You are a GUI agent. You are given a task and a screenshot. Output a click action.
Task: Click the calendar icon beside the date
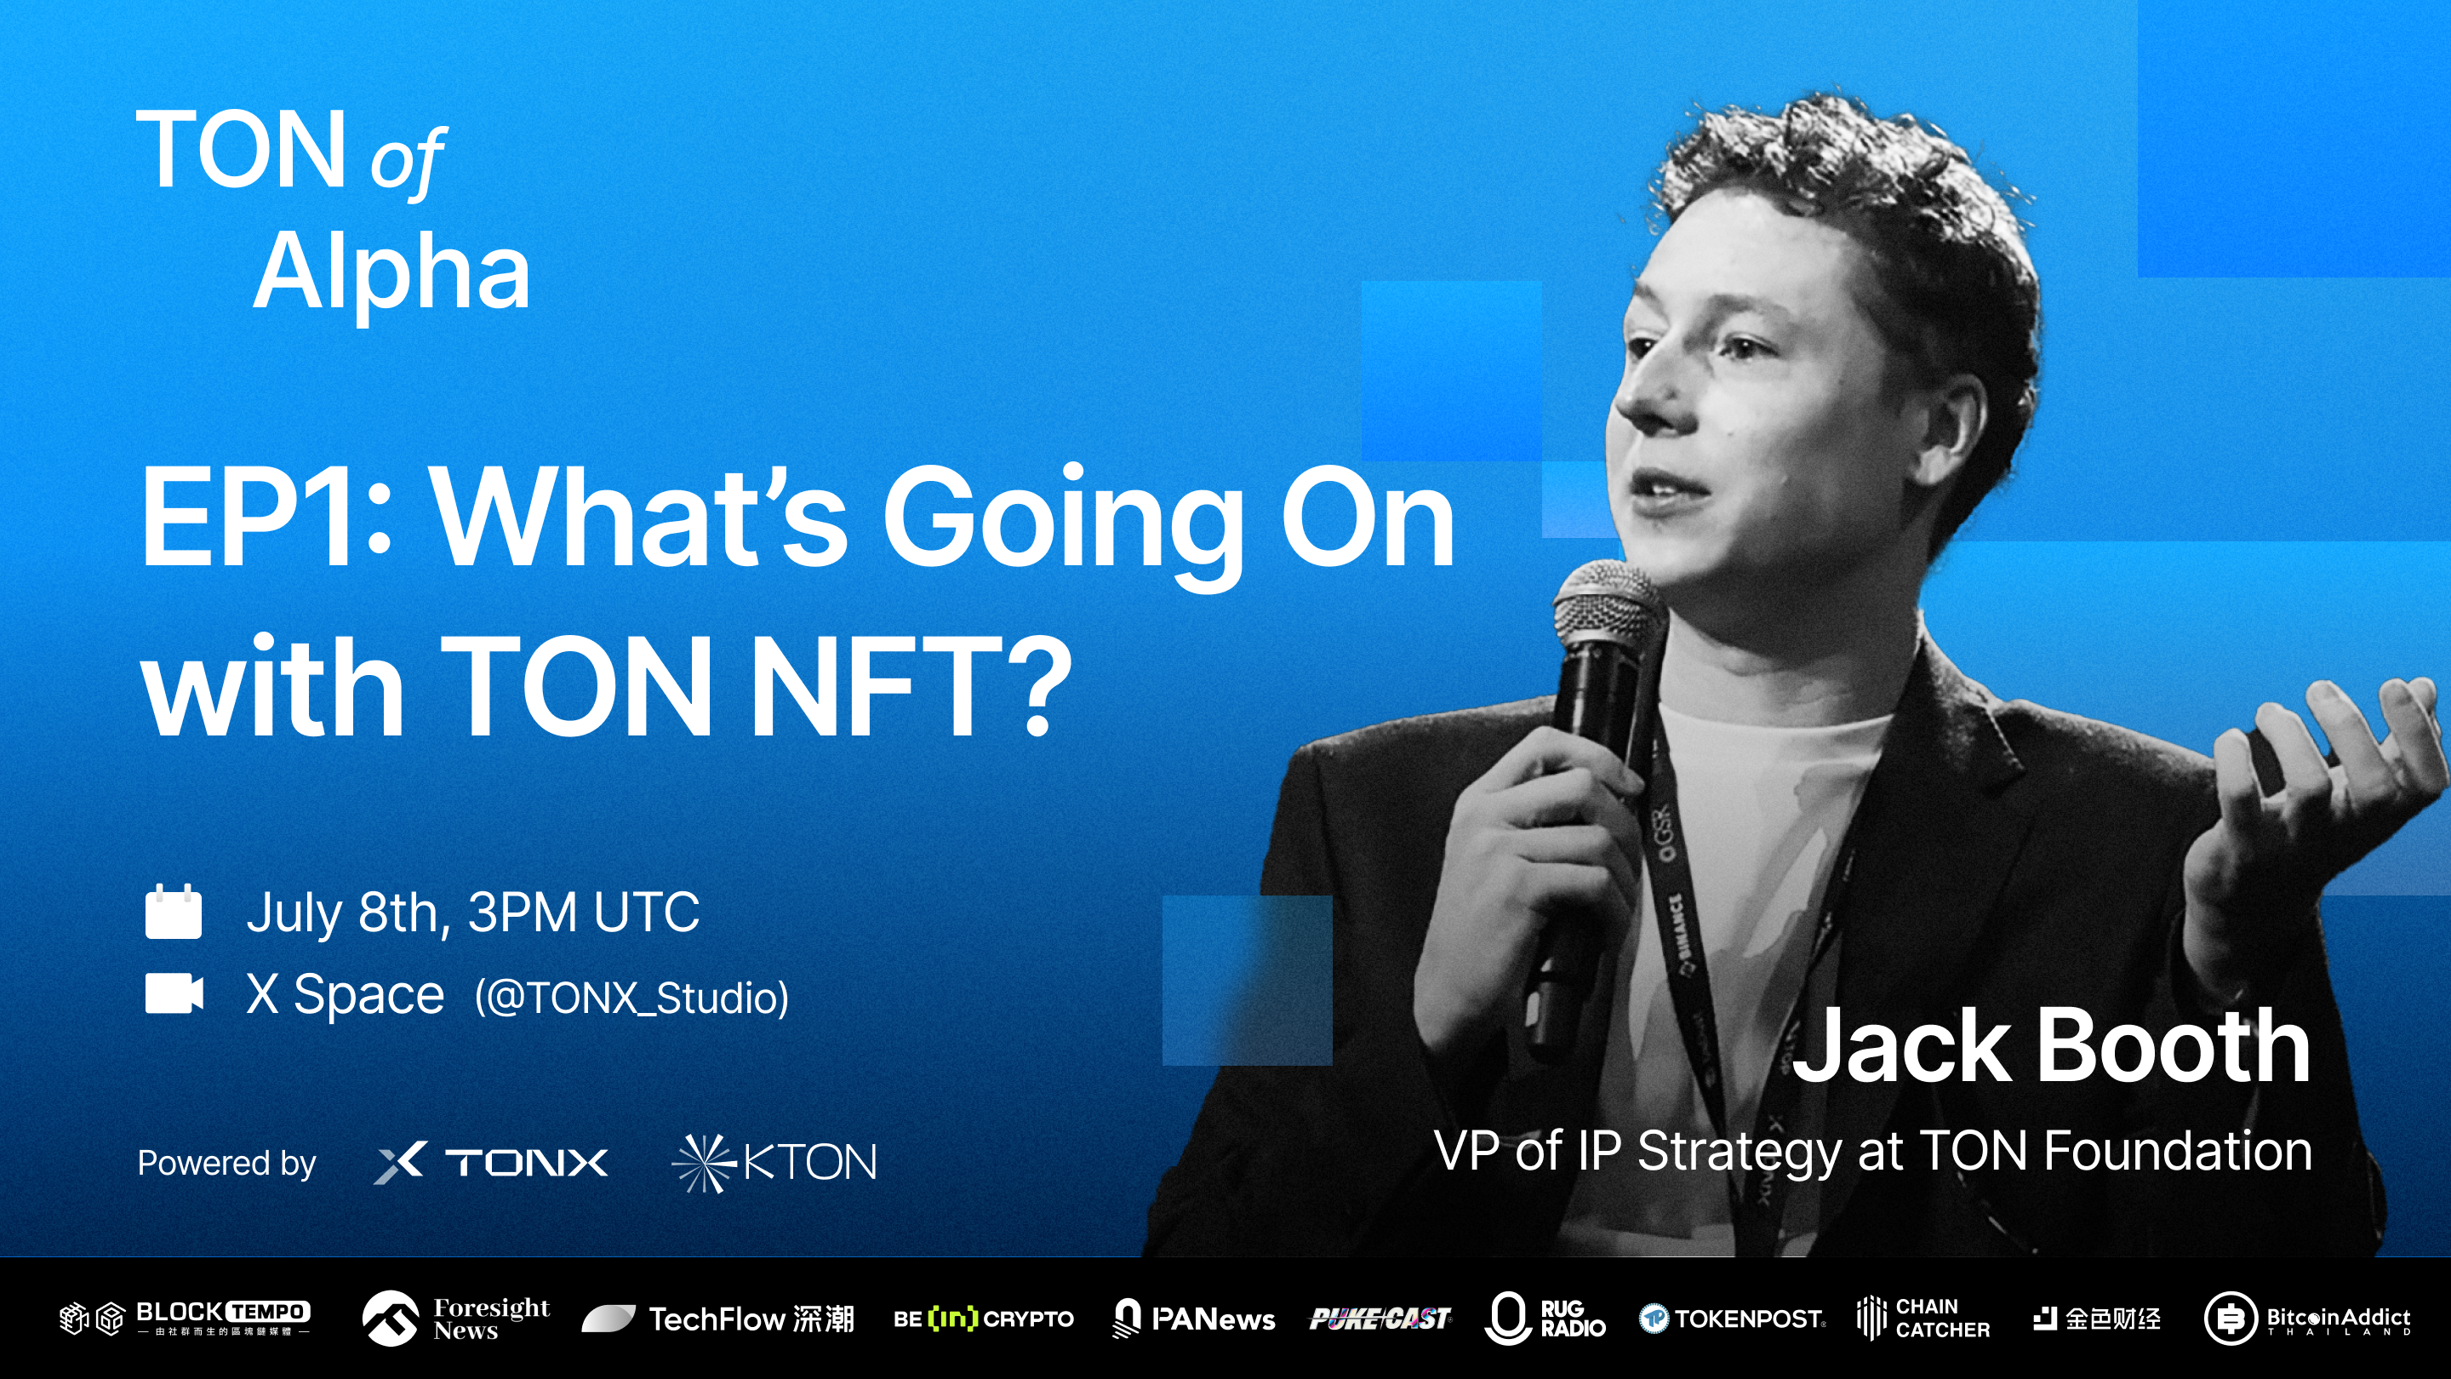click(173, 912)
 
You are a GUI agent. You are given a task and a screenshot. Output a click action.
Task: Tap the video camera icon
click(173, 993)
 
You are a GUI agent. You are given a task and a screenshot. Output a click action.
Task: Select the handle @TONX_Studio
click(631, 998)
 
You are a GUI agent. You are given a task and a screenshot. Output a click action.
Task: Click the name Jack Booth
click(2050, 1047)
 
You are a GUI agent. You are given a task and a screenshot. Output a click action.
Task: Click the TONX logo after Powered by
click(491, 1162)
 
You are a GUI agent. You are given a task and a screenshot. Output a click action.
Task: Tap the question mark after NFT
click(1032, 685)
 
